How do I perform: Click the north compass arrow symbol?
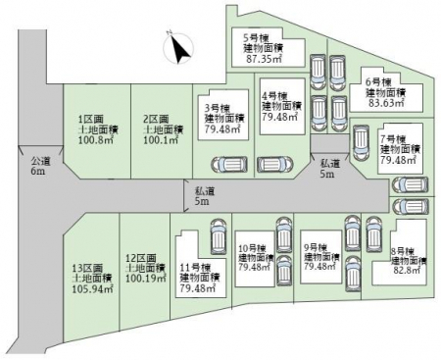[178, 47]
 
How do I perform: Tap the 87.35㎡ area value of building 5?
[264, 59]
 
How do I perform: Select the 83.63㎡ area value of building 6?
[385, 103]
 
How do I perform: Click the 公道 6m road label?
[41, 166]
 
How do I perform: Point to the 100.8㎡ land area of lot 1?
[96, 140]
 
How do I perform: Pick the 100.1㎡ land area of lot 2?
[161, 140]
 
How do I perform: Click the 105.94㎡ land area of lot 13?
[93, 289]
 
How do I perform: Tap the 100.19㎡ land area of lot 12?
[146, 279]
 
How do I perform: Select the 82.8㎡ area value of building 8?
[406, 271]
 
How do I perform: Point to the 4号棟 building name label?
[274, 96]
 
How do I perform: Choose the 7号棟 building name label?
[392, 139]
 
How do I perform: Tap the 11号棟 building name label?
[195, 268]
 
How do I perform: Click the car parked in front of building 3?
[229, 165]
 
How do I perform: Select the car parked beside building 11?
[219, 236]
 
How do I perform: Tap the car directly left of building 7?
[361, 143]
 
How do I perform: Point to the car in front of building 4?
[275, 165]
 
